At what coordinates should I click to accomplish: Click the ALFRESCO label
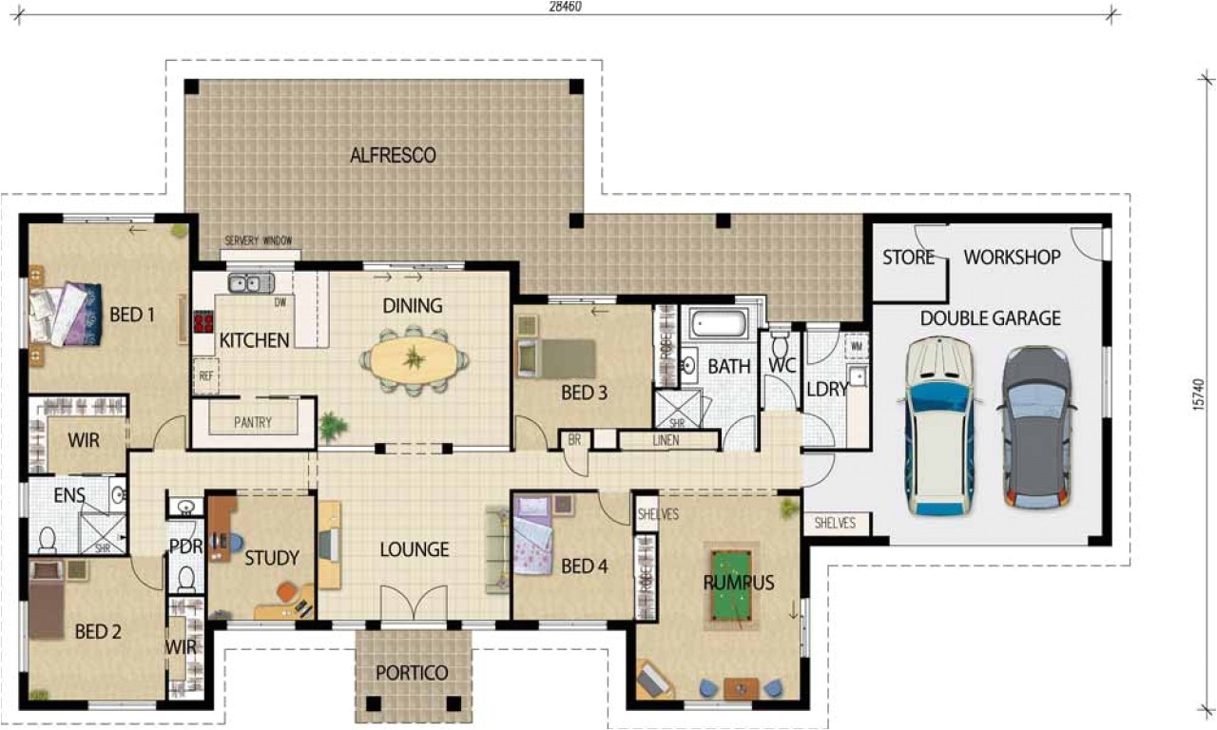[393, 155]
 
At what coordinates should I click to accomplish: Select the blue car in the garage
[940, 427]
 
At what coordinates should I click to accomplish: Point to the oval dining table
[414, 360]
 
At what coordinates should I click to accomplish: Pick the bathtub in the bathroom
[719, 324]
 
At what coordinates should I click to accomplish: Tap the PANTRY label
[253, 423]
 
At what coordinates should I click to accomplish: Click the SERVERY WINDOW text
[258, 241]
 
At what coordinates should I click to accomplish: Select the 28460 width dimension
[565, 6]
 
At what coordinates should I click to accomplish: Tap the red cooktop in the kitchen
[203, 322]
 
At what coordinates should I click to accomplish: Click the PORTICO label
[412, 673]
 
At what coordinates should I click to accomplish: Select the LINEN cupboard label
[667, 441]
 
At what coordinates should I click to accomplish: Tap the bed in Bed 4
[532, 538]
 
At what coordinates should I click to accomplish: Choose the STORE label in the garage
[908, 258]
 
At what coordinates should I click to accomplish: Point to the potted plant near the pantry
[332, 427]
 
